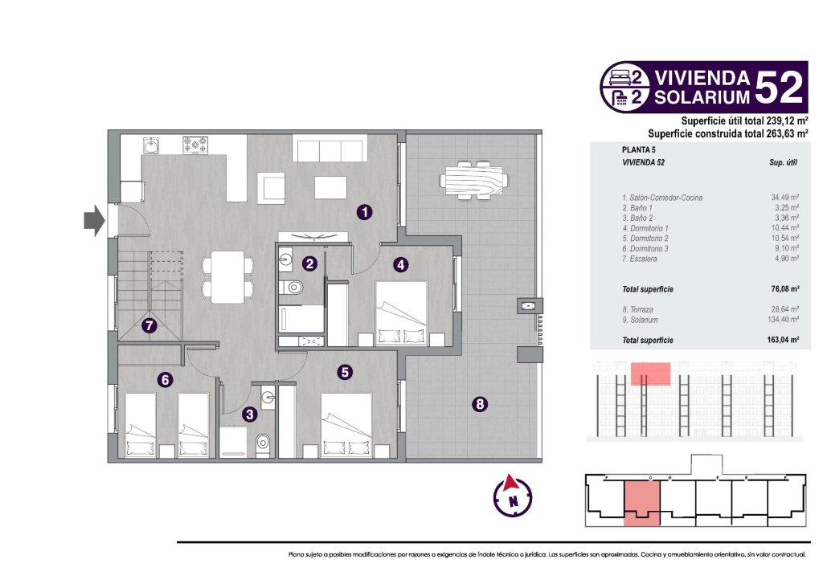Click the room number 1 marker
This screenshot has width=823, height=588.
coord(365,212)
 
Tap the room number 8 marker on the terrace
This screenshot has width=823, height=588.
coord(479,405)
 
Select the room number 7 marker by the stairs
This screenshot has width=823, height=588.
coord(149,326)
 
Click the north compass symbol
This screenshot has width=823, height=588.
coord(512,495)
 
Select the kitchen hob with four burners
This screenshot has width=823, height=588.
coord(195,145)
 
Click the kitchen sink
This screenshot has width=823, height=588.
coord(152,145)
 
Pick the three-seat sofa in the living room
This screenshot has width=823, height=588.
coord(330,150)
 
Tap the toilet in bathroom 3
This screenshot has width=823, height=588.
coord(261,444)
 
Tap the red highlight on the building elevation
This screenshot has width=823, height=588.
coord(650,374)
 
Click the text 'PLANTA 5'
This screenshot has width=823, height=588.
coord(641,149)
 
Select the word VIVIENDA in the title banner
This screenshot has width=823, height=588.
coord(702,78)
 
